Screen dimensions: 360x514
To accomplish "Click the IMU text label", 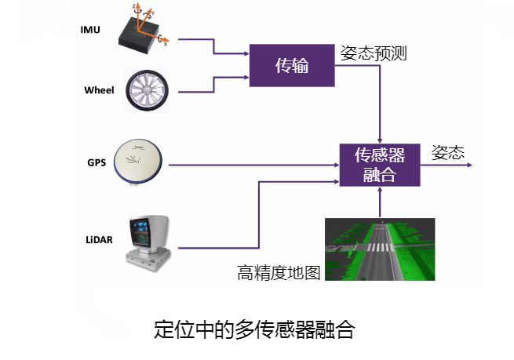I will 90,30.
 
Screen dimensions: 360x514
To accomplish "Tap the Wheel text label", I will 99,90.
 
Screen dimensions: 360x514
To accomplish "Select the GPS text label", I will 97,163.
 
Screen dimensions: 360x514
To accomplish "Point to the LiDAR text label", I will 98,239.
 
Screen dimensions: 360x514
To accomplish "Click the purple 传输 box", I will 292,66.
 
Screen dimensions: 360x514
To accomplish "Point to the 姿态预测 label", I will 374,53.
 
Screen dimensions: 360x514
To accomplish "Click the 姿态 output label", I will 448,151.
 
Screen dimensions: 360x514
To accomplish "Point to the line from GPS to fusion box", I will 251,165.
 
